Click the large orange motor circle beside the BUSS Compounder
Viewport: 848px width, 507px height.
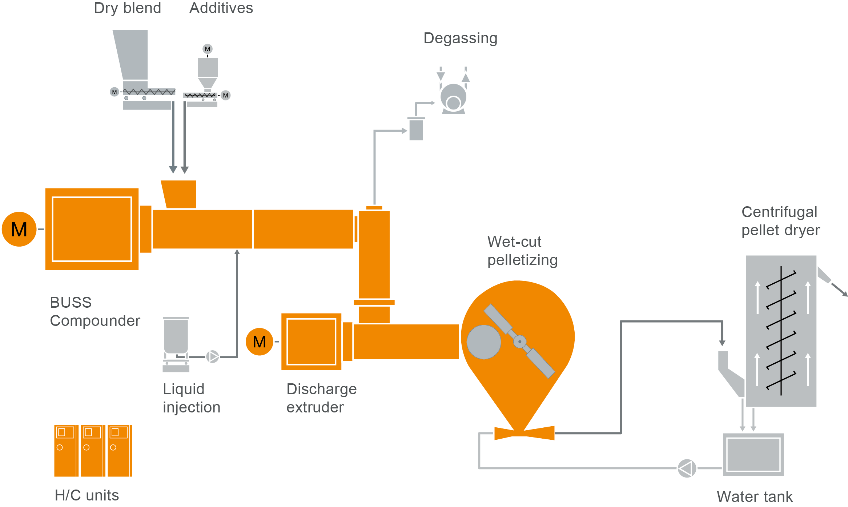tap(19, 229)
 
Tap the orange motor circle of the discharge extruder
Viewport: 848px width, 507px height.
tap(259, 342)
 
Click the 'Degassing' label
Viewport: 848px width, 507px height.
tap(460, 38)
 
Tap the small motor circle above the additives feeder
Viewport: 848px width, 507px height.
tap(208, 49)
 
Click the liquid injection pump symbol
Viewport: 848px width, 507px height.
tap(213, 356)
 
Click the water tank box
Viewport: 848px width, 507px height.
tap(753, 454)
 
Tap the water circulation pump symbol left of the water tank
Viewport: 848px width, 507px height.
tap(687, 468)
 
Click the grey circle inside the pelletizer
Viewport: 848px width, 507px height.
tap(483, 342)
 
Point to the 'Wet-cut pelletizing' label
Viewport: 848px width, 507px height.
tap(522, 251)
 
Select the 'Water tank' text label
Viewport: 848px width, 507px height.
tap(754, 496)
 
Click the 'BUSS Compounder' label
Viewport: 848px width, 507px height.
tap(95, 312)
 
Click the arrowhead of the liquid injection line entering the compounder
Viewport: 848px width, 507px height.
tap(237, 252)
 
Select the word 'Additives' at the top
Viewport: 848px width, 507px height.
tap(221, 8)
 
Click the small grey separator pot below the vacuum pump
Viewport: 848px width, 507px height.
tap(416, 129)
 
